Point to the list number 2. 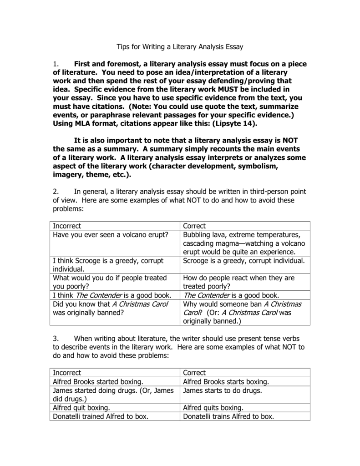click(56, 191)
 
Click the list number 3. click(56, 339)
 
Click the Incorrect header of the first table click(67, 226)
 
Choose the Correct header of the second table click(194, 373)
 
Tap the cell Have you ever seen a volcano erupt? click(111, 235)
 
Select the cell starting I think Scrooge click(108, 265)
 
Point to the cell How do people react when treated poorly click(238, 282)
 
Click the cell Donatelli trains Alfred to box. click(228, 416)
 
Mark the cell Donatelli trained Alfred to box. click(101, 416)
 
